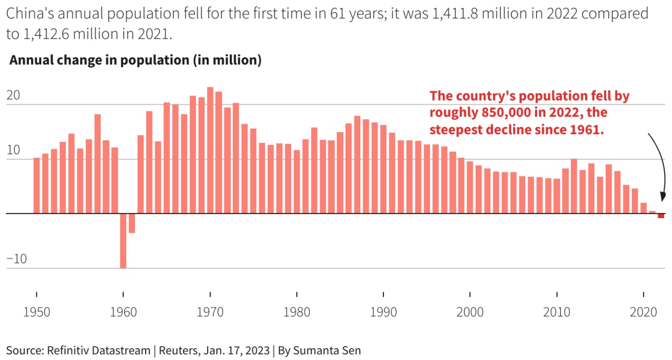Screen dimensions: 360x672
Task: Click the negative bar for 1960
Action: [x=123, y=241]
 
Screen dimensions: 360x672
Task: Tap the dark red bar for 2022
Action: [x=661, y=216]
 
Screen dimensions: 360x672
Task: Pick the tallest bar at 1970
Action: [x=210, y=150]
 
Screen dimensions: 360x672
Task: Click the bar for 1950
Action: [x=36, y=186]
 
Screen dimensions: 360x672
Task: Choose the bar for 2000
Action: [x=470, y=188]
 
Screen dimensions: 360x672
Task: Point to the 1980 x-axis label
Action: [x=296, y=312]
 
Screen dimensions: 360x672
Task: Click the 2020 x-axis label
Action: [x=643, y=312]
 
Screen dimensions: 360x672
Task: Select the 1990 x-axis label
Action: [x=383, y=312]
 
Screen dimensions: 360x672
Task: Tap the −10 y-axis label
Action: [x=17, y=259]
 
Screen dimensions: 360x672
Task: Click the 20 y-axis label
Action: [x=13, y=95]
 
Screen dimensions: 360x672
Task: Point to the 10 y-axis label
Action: [x=13, y=150]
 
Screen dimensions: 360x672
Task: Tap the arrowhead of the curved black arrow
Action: [x=662, y=197]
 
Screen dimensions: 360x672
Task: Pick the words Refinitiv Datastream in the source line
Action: [x=99, y=350]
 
